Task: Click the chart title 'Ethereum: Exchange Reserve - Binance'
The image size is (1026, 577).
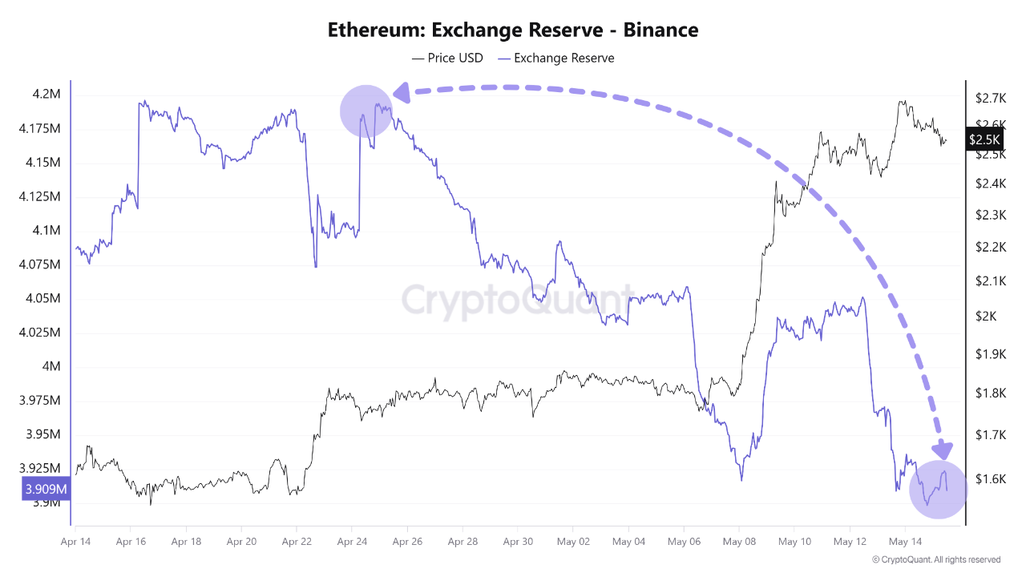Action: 513,30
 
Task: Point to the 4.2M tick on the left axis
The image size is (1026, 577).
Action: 46,95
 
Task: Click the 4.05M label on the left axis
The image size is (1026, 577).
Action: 42,299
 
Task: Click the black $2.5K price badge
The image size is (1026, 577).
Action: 984,139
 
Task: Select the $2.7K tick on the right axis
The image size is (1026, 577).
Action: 991,99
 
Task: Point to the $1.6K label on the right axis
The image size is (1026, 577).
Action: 991,479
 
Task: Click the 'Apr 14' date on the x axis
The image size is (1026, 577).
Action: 75,542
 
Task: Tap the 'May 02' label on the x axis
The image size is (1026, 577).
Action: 573,542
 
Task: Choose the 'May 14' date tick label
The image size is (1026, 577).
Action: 904,542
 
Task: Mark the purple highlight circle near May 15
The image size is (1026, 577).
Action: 939,490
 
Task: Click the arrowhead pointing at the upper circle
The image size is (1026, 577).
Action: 401,93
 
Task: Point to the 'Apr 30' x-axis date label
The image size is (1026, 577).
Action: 518,542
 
